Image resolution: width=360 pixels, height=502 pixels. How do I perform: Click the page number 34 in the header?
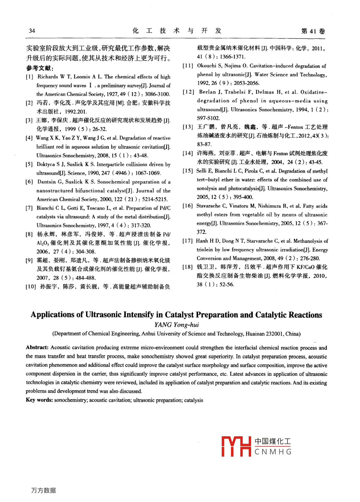click(32, 31)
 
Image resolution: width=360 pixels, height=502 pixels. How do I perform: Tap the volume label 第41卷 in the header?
click(313, 31)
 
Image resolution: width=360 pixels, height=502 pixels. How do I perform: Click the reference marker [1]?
click(29, 77)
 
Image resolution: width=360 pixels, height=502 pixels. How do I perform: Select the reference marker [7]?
click(29, 208)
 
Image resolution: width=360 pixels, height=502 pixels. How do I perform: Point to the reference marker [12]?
click(188, 92)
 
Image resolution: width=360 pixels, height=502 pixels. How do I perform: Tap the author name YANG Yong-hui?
click(176, 325)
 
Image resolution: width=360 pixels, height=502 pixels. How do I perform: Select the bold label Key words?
click(39, 400)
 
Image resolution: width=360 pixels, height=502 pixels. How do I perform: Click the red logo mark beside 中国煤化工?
click(236, 446)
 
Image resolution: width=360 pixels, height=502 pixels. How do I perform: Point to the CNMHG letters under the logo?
click(273, 452)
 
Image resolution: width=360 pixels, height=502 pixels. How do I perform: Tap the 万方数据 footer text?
click(44, 490)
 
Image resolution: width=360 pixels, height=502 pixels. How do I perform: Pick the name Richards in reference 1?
click(48, 77)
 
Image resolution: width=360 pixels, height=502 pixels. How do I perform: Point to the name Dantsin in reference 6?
click(46, 182)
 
